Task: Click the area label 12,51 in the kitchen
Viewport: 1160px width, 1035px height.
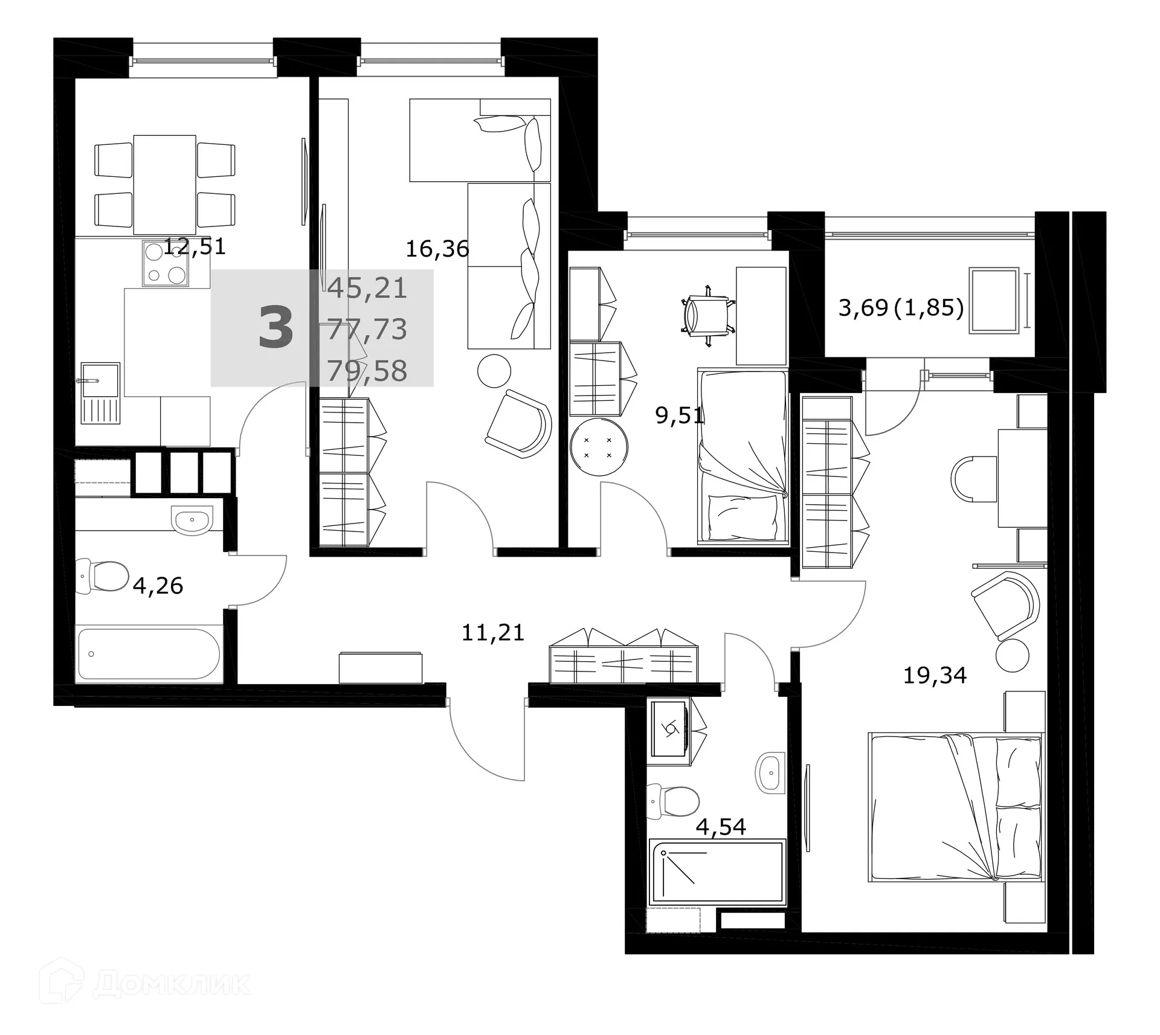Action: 195,246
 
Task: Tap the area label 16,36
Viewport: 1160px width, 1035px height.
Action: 437,249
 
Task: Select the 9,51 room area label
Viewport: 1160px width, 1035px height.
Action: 680,416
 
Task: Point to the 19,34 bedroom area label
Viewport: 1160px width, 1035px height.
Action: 935,675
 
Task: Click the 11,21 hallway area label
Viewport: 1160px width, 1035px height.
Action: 492,632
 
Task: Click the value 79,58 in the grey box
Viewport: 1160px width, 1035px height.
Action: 367,371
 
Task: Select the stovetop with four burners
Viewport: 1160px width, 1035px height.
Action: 165,263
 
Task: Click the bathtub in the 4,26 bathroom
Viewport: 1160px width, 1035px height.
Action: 149,654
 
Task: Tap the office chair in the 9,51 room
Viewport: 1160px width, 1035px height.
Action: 707,316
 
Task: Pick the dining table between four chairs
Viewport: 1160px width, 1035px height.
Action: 164,185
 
